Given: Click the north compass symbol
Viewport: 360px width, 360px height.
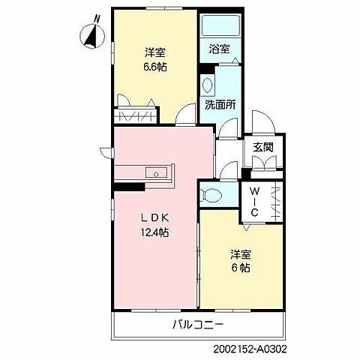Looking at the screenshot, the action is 94,35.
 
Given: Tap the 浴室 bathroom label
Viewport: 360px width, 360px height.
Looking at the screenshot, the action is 219,49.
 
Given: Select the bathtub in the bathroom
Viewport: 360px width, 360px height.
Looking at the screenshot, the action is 220,25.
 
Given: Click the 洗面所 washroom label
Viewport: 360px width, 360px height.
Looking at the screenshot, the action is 220,105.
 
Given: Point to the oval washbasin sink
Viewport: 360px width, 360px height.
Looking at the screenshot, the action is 207,85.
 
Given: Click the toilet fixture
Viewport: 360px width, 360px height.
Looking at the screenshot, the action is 211,194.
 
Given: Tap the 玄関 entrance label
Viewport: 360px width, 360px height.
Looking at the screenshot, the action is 263,147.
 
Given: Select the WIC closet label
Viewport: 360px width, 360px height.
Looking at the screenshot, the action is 254,202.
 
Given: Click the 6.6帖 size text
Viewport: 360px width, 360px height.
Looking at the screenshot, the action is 154,67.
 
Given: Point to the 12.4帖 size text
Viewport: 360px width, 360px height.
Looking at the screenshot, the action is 154,232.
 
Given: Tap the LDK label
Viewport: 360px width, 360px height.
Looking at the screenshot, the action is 155,218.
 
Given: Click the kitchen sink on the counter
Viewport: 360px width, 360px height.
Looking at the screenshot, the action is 156,172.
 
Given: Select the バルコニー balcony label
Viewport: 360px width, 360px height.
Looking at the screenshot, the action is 198,325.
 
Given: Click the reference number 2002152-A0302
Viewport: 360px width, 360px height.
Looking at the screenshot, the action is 250,349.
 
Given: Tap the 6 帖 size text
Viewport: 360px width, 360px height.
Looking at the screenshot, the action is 241,268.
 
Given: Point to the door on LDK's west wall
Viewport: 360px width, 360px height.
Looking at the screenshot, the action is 107,152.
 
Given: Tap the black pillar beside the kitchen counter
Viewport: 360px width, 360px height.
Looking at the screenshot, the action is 130,187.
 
